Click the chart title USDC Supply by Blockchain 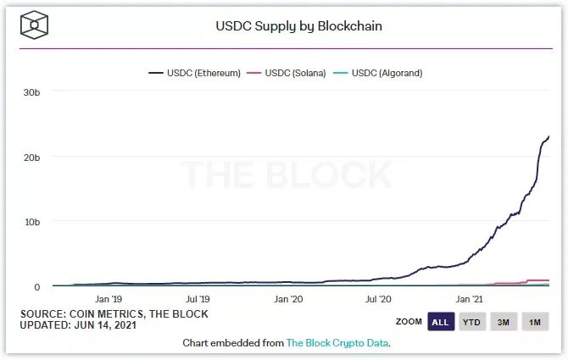299,26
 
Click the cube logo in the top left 34,25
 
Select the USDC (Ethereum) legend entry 194,73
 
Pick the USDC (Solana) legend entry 287,73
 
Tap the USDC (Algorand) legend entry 378,73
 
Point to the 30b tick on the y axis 32,92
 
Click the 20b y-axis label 32,158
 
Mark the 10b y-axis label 32,222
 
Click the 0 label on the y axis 37,287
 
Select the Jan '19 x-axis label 109,299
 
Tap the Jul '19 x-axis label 198,299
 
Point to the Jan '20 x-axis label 288,299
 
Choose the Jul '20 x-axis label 378,299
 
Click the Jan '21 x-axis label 469,299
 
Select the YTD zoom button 471,322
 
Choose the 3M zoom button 504,322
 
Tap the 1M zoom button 535,322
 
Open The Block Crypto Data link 337,343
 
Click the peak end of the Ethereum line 549,136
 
